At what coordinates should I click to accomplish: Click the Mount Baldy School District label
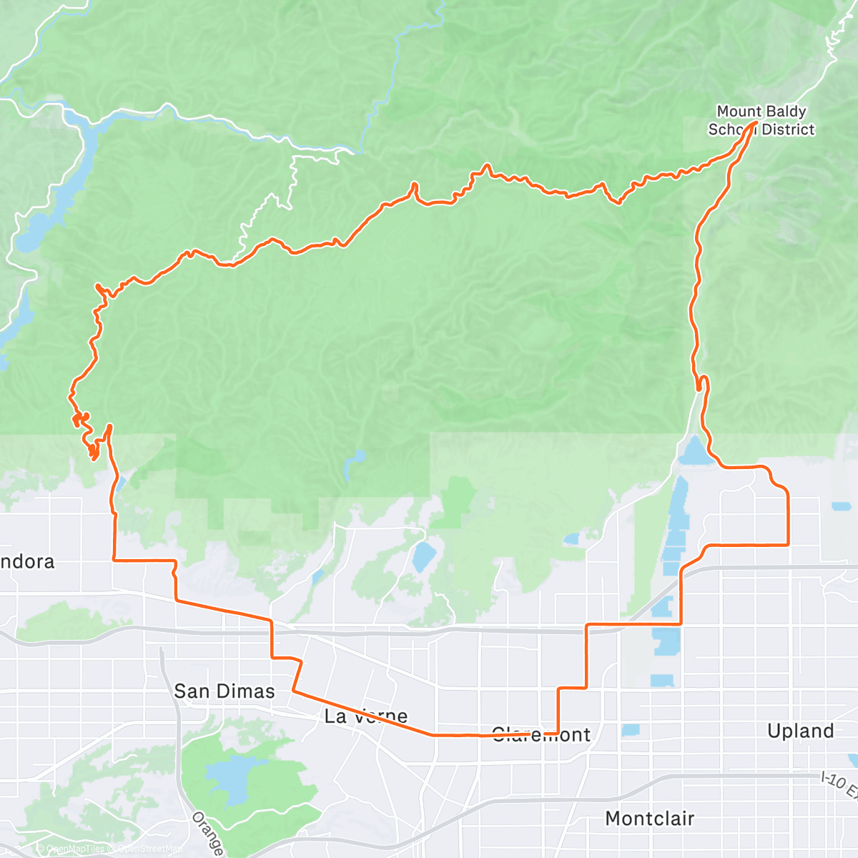tap(761, 120)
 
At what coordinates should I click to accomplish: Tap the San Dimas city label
tap(224, 691)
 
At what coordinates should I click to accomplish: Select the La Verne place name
tap(365, 716)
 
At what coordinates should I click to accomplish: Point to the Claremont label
tap(541, 734)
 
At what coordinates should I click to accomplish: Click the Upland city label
tap(800, 731)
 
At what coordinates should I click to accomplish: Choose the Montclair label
tap(649, 818)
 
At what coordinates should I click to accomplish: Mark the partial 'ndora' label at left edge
tap(27, 561)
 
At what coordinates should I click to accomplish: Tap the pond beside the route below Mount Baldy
tap(694, 450)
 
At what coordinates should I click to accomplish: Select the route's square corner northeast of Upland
tap(787, 544)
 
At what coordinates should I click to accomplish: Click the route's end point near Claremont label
tap(528, 734)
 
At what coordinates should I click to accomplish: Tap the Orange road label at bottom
tap(208, 833)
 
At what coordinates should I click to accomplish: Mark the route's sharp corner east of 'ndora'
tap(114, 560)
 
